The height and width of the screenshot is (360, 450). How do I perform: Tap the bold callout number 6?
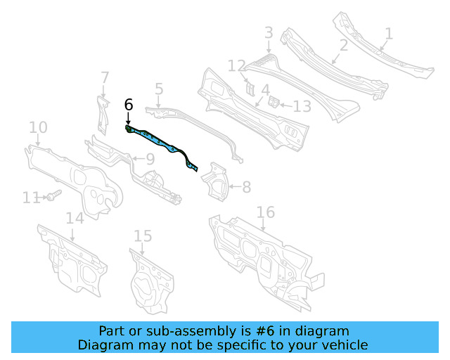pyautogui.click(x=129, y=105)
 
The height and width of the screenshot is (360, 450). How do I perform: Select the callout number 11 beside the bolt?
pyautogui.click(x=31, y=198)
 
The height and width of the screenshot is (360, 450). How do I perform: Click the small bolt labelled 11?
pyautogui.click(x=54, y=195)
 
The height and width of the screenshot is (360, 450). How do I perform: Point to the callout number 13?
pyautogui.click(x=302, y=106)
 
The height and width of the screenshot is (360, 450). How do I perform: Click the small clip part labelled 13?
pyautogui.click(x=274, y=102)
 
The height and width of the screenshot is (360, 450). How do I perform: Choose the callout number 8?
pyautogui.click(x=247, y=187)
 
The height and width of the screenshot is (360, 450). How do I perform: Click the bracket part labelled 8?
pyautogui.click(x=216, y=181)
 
